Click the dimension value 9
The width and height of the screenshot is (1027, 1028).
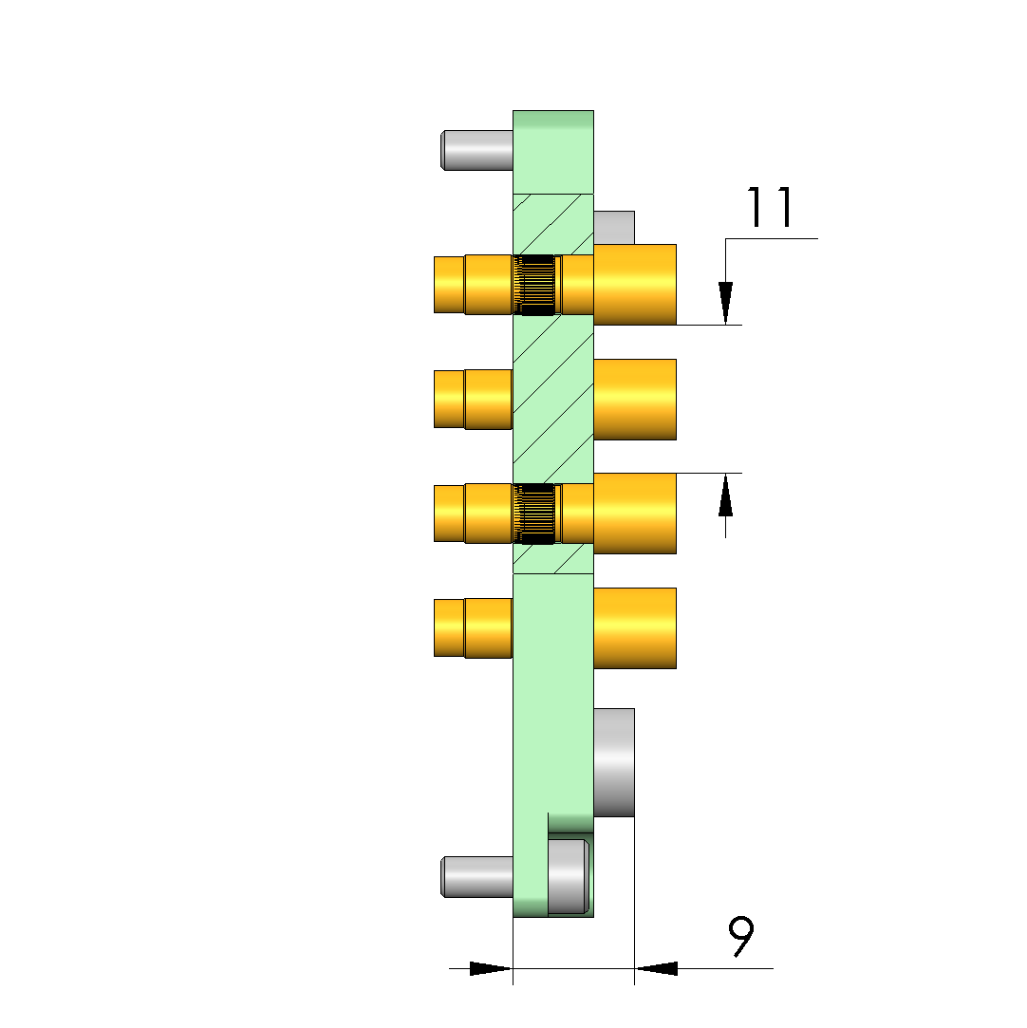click(x=741, y=936)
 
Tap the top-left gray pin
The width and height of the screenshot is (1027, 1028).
click(x=476, y=150)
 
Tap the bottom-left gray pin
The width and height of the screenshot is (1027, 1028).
click(x=476, y=876)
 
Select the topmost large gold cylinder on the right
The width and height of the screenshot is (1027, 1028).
click(x=634, y=285)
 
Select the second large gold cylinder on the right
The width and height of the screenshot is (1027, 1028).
click(x=634, y=400)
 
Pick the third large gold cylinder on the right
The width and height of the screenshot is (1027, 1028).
click(x=634, y=514)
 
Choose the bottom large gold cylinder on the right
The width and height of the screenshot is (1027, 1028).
click(x=634, y=628)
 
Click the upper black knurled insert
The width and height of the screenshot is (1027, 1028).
click(x=536, y=285)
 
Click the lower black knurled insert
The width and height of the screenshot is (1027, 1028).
click(x=536, y=514)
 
